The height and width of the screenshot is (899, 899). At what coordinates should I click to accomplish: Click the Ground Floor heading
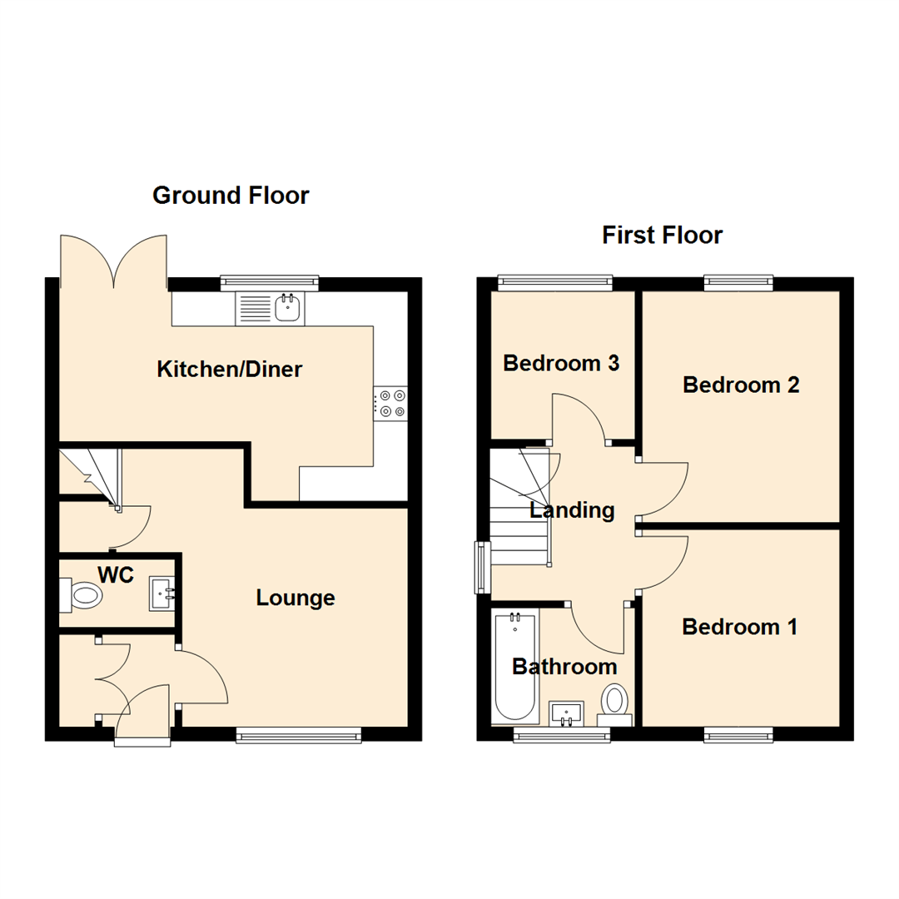(x=231, y=196)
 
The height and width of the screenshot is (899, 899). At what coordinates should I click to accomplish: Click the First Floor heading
(x=663, y=236)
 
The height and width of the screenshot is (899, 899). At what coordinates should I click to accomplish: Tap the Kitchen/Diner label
(x=230, y=369)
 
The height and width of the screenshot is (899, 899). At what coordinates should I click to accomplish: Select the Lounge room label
(x=296, y=598)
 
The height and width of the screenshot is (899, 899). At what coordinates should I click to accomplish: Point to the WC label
(x=116, y=575)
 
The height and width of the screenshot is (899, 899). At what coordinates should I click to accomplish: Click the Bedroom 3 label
(x=562, y=364)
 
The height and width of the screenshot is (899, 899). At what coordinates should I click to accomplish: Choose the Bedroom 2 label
(x=741, y=385)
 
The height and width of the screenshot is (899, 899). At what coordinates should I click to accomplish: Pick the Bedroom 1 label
(x=739, y=627)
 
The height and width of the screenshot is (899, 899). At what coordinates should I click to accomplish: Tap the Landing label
(x=572, y=510)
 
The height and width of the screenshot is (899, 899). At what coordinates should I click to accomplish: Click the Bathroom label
(x=564, y=667)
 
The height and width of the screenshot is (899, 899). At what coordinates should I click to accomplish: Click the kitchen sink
(x=288, y=308)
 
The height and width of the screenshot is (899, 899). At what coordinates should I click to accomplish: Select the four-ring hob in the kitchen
(x=391, y=404)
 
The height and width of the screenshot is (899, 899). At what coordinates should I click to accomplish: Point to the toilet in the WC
(x=82, y=595)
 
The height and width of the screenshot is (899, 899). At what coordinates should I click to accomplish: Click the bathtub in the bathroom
(x=516, y=666)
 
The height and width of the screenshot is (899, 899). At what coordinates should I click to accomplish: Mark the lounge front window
(x=299, y=734)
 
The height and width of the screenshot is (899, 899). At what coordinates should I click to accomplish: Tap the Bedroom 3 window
(x=555, y=283)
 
